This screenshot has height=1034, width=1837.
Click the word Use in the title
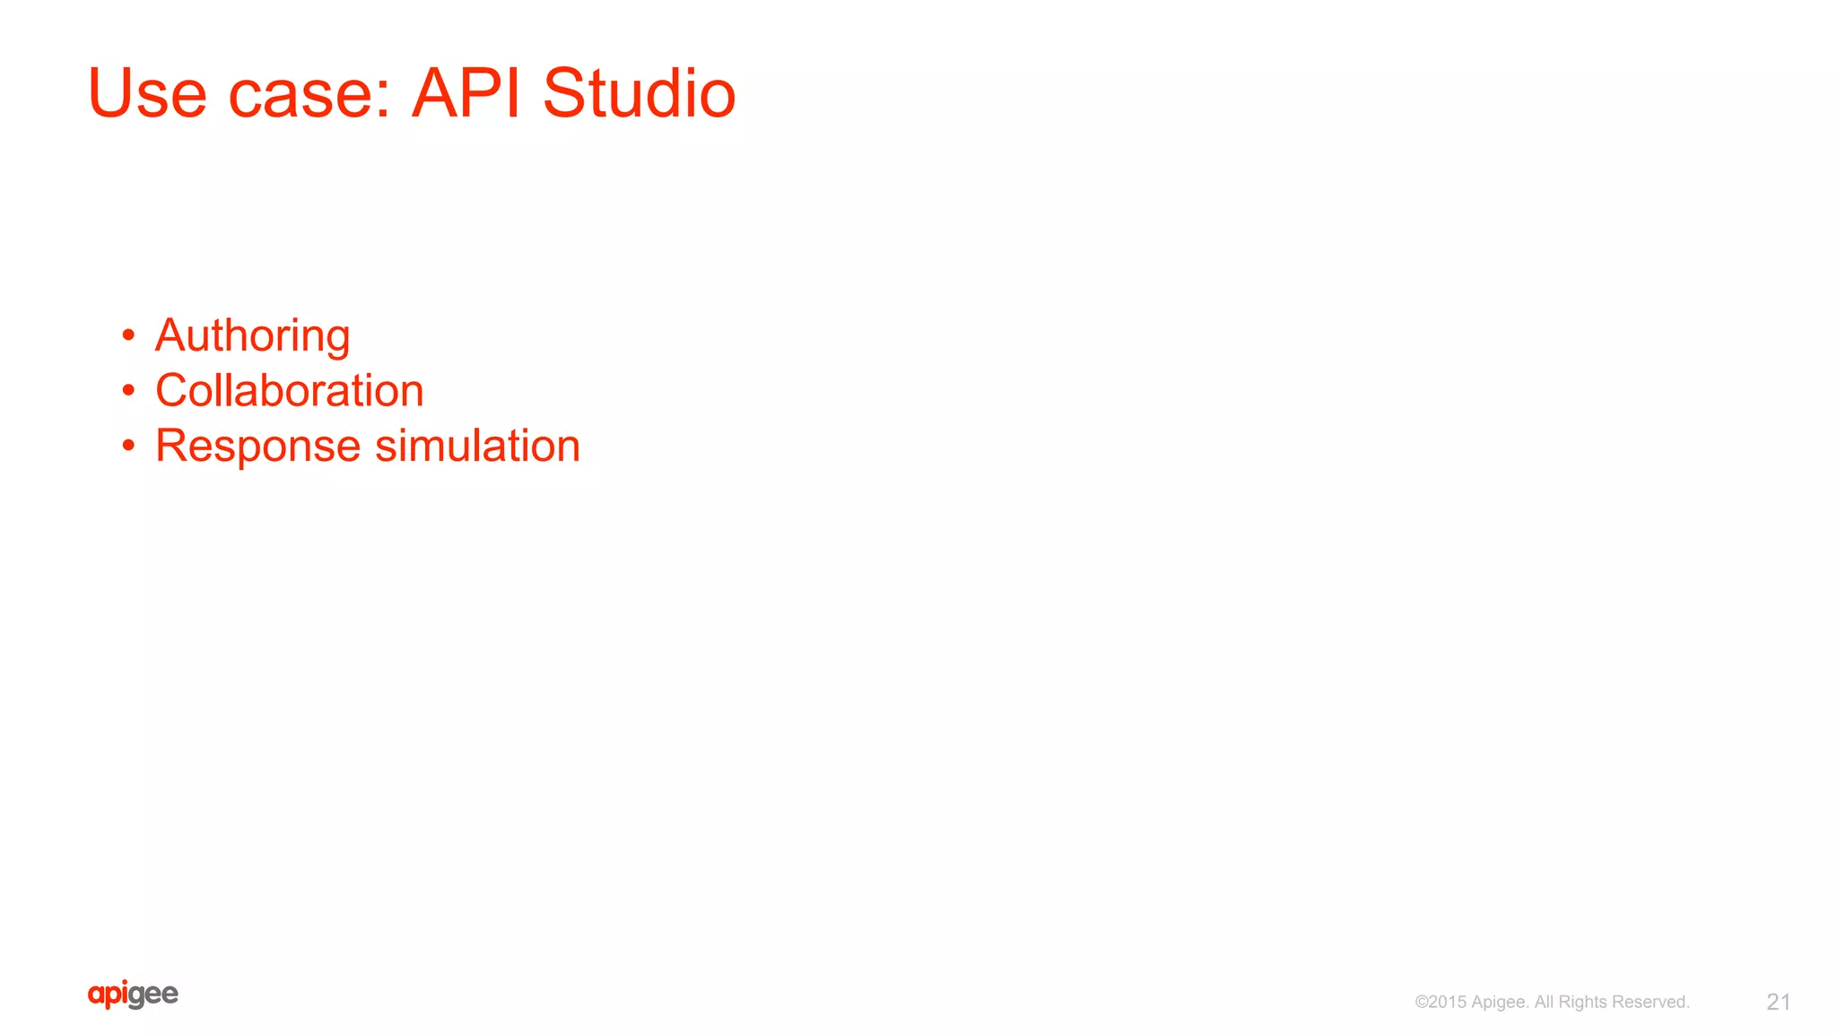pos(147,93)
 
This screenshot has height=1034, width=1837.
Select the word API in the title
pos(466,93)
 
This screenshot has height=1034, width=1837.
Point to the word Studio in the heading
pos(639,93)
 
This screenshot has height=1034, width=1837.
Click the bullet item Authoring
pos(252,336)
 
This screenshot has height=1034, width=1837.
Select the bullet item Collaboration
pos(289,391)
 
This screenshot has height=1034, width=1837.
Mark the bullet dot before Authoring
pos(129,335)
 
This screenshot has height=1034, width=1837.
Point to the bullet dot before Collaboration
pos(129,390)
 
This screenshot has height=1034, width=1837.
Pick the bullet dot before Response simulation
pos(129,446)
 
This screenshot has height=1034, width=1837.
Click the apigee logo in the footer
pos(133,995)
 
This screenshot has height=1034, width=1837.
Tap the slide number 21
pos(1778,1002)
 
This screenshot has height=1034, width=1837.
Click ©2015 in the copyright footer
pos(1441,1002)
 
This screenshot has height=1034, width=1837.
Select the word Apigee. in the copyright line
pos(1500,1003)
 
